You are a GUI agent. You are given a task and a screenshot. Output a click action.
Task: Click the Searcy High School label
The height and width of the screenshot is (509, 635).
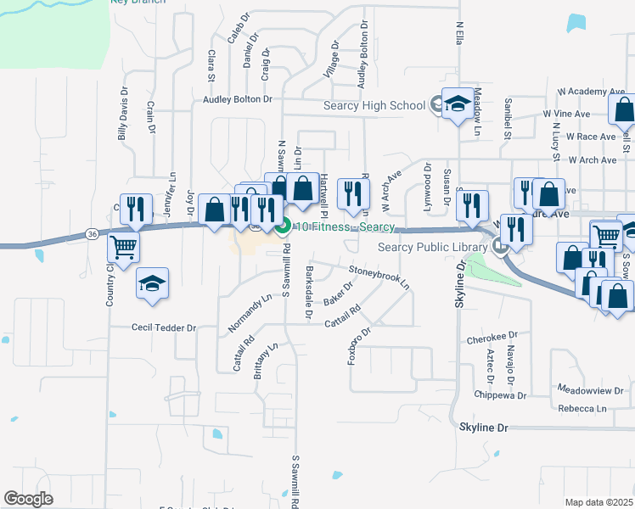click(x=374, y=105)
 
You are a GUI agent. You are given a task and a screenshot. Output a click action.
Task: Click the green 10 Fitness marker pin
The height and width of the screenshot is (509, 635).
click(x=284, y=227)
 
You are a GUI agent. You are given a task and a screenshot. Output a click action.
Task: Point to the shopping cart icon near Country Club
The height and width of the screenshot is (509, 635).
click(x=124, y=248)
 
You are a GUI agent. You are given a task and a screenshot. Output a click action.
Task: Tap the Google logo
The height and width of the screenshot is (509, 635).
click(x=28, y=499)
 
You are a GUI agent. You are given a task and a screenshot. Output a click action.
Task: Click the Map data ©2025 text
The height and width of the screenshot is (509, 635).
click(x=598, y=502)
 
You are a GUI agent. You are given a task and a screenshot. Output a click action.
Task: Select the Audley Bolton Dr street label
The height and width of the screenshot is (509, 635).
click(x=237, y=99)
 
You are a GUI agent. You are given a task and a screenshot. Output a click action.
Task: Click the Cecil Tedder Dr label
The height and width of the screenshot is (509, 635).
click(x=163, y=327)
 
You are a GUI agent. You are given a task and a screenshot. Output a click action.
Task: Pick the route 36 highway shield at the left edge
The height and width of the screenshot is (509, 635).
click(x=91, y=233)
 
